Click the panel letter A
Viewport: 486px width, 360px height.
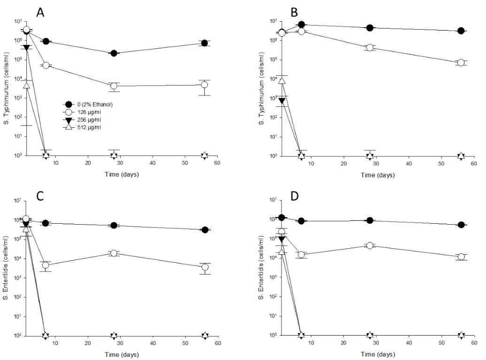(40, 13)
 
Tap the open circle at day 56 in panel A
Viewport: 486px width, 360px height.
(204, 85)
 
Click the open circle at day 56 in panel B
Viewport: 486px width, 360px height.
(461, 63)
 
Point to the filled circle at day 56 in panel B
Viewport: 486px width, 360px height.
(461, 31)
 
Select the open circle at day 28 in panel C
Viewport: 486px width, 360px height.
(114, 253)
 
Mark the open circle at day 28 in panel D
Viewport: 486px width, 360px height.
(370, 245)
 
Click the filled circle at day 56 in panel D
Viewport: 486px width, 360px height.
(461, 225)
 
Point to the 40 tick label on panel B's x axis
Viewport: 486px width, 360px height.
(409, 164)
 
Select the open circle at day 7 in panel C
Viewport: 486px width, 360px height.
(46, 266)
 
